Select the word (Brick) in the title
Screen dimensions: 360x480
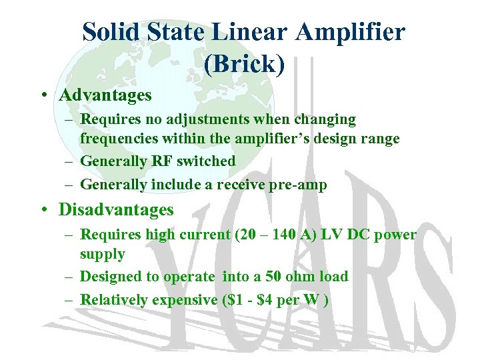tap(244, 64)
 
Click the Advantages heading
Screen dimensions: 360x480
tap(105, 95)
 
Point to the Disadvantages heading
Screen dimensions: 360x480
tap(116, 210)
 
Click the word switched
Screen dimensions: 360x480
tap(207, 161)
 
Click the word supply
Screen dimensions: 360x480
tap(103, 254)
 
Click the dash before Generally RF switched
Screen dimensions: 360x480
tap(69, 161)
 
